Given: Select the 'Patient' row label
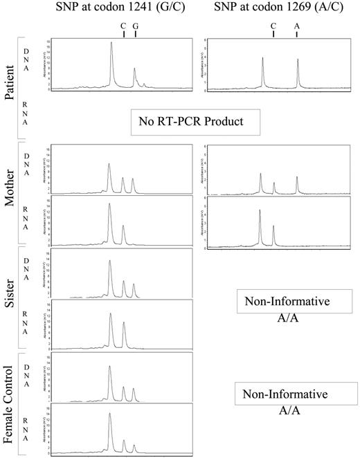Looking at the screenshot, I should tap(8, 81).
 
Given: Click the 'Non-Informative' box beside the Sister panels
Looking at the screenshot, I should tap(294, 302).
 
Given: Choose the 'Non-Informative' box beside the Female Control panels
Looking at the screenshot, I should tap(294, 394).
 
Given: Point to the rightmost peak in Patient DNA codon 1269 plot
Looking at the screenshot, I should tap(298, 60).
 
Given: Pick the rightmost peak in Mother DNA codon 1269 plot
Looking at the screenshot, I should tap(297, 178).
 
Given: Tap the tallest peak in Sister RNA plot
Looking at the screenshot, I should tap(110, 315).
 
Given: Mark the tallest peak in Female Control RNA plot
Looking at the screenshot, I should tap(109, 415).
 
